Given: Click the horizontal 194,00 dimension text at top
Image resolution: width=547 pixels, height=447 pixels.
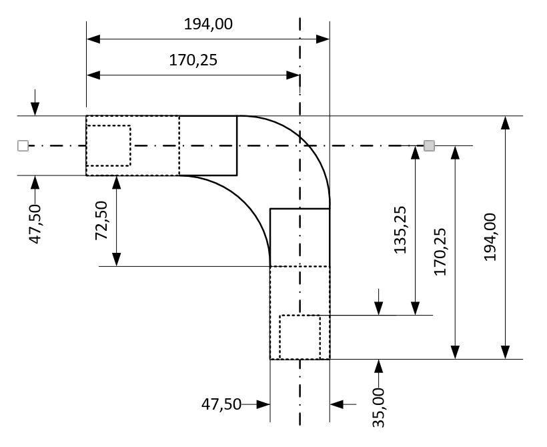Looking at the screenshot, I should click(x=208, y=24).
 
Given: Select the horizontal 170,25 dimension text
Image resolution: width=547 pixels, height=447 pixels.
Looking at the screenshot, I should click(x=193, y=61).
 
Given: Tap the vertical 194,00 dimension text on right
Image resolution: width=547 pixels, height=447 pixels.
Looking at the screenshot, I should click(x=490, y=237).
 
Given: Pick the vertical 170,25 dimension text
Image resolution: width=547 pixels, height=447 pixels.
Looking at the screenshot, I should click(x=440, y=252).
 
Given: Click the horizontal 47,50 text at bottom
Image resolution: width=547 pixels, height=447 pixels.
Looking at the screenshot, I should click(x=221, y=404).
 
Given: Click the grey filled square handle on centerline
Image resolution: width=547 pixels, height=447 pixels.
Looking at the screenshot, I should click(x=430, y=145).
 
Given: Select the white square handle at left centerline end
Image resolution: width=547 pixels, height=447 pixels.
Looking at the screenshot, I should click(x=23, y=145).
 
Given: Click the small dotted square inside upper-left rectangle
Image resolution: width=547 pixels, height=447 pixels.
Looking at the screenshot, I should click(x=108, y=145).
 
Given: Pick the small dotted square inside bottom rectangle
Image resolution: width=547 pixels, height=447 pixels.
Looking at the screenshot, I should click(x=300, y=337).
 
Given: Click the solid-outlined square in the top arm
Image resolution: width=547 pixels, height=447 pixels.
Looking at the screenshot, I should click(x=208, y=145).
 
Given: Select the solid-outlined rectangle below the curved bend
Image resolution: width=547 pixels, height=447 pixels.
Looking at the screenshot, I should click(x=300, y=237).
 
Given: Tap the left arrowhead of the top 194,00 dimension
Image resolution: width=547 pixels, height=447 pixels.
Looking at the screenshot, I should click(x=93, y=39).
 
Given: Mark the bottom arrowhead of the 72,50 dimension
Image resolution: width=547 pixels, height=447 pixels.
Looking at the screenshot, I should click(x=117, y=260).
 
